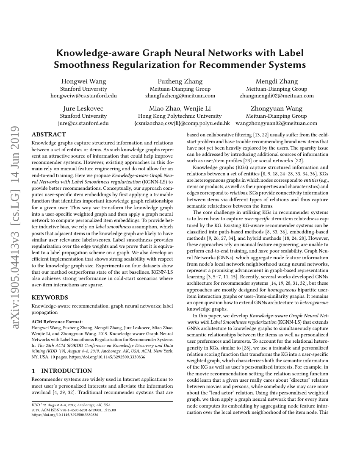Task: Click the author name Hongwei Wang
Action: point(83,81)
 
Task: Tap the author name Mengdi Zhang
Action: point(277,81)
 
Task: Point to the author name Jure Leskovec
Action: point(83,108)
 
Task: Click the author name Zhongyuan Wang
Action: point(277,108)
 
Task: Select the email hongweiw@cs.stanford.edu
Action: point(83,96)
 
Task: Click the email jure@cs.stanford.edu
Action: point(83,123)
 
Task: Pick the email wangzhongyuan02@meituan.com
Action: point(277,123)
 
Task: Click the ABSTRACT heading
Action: point(49,134)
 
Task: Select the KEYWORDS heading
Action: point(50,297)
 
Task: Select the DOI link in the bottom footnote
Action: point(65,415)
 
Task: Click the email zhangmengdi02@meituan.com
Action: point(277,96)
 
